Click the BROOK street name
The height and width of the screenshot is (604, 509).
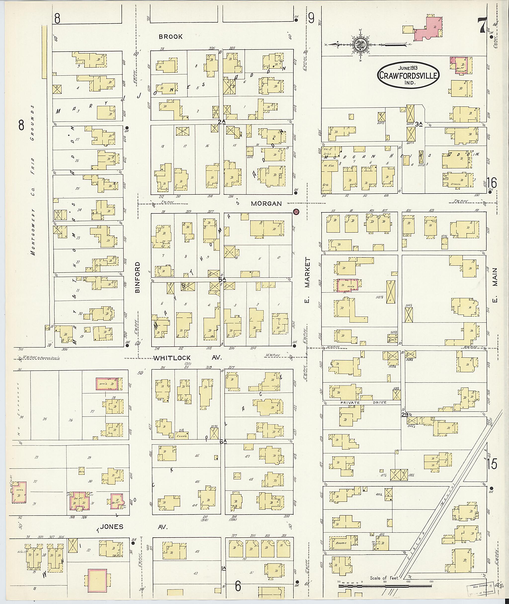pyautogui.click(x=170, y=37)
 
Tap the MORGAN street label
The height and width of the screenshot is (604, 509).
pyautogui.click(x=266, y=204)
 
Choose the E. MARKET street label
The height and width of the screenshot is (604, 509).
pyautogui.click(x=308, y=281)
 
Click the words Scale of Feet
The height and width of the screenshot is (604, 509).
pyautogui.click(x=384, y=578)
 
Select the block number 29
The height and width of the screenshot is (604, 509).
pyautogui.click(x=405, y=415)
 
